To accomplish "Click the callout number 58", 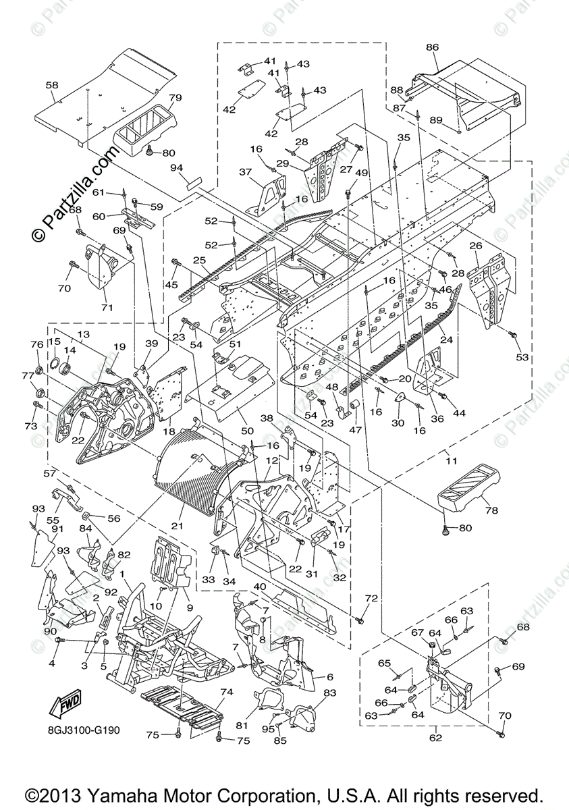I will tap(52, 85).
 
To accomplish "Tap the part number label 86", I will tap(432, 47).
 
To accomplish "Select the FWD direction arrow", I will tap(65, 705).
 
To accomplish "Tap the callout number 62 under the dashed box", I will tap(435, 738).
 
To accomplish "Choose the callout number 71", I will tap(107, 308).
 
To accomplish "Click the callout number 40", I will tap(260, 586).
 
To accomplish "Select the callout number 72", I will tap(371, 599).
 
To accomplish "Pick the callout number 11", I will tap(451, 461).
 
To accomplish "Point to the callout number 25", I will tap(200, 260).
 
